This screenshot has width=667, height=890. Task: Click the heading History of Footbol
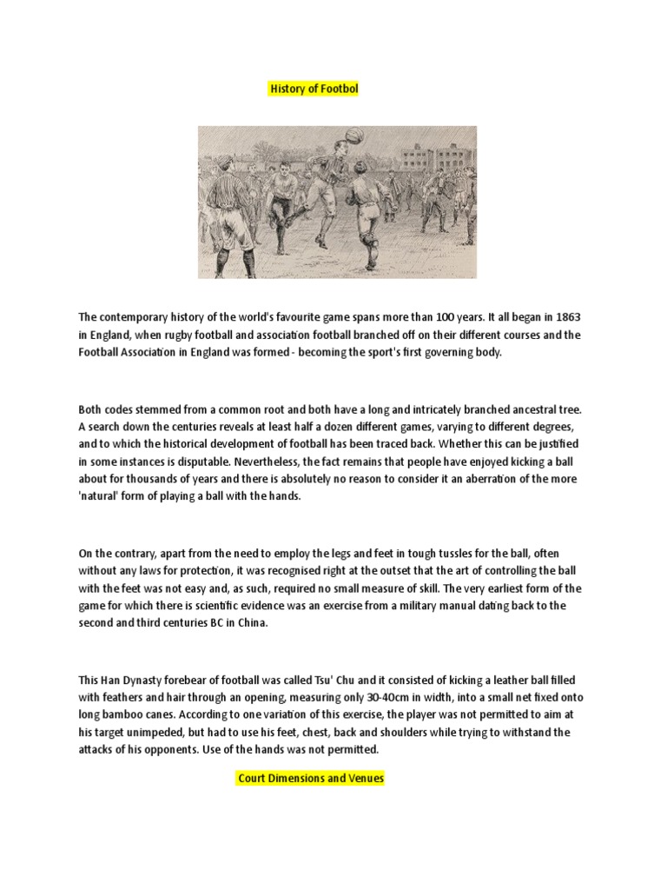[313, 90]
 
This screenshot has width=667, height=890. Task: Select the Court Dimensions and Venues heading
[311, 778]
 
